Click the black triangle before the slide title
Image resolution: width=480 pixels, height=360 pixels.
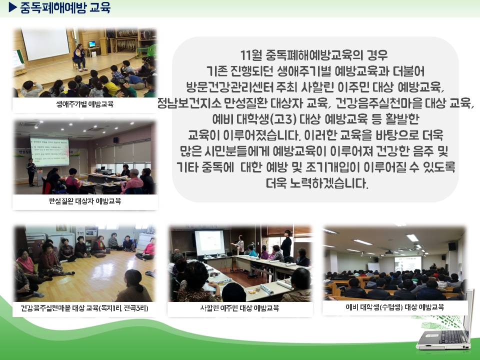pos(12,7)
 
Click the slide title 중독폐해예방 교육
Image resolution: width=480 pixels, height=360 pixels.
pos(65,7)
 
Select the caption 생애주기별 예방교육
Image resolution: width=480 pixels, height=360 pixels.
pos(85,104)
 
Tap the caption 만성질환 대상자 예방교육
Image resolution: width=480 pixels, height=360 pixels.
pos(85,201)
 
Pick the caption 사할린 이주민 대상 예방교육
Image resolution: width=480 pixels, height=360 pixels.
pos(239,308)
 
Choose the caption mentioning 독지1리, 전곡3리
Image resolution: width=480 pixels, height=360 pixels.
pos(84,308)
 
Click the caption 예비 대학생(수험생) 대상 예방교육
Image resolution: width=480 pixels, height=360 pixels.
pos(394,307)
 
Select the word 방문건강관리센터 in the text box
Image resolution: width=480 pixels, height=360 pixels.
pos(229,87)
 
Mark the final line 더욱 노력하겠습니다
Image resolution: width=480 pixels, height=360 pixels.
pos(317,183)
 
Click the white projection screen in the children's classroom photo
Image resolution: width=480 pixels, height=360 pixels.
pos(45,44)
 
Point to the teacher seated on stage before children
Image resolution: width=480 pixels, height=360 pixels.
pos(79,57)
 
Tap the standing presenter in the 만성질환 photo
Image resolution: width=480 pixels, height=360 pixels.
pos(31,172)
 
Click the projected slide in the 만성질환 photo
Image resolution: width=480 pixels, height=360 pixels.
pos(49,151)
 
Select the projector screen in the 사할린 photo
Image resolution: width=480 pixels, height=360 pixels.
pos(209,243)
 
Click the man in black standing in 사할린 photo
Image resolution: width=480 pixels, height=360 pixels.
pos(286,244)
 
